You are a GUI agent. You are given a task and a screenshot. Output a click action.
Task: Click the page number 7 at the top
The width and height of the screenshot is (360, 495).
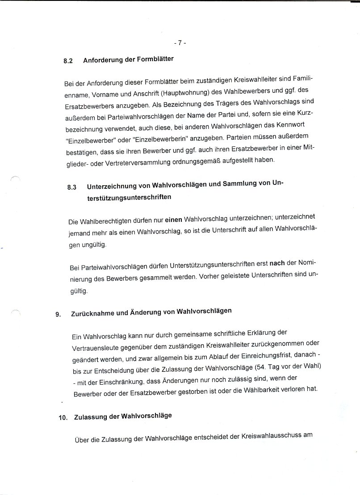point(179,43)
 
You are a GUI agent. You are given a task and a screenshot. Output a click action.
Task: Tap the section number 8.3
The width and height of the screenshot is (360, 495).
point(72,188)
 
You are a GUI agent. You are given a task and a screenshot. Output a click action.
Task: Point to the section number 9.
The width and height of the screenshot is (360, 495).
point(58,314)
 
